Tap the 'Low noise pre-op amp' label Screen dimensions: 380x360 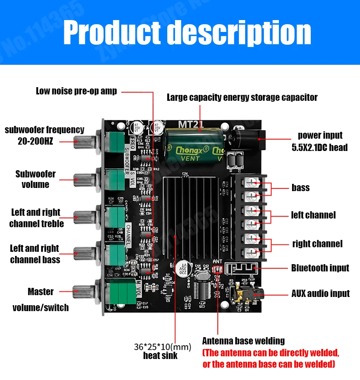pos(76,91)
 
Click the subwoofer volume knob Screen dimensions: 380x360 pos(84,179)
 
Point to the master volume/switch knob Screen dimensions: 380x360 pos(84,290)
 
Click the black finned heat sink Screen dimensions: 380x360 pos(191,214)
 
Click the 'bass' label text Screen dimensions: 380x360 pos(300,187)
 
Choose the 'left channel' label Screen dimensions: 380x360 pos(313,215)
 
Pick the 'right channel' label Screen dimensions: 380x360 pos(317,244)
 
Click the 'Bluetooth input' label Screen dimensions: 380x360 pos(320,268)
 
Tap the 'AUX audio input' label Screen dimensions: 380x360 pos(320,294)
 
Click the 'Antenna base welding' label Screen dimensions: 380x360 pos(243,341)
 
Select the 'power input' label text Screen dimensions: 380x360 pos(320,135)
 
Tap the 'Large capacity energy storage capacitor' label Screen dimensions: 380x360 pos(242,97)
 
